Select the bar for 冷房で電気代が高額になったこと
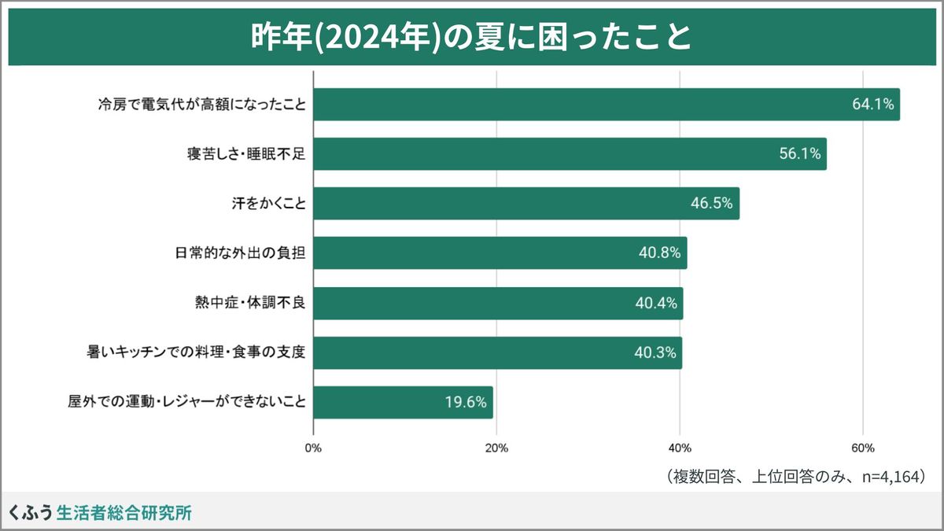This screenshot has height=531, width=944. [x=606, y=104]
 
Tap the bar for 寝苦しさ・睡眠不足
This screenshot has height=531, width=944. [x=570, y=154]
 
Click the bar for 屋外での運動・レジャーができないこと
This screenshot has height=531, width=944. [x=403, y=403]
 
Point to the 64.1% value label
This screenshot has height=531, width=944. [x=872, y=104]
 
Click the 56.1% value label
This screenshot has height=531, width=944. [x=800, y=154]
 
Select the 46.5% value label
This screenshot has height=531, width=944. [x=712, y=204]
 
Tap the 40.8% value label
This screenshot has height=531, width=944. [x=660, y=253]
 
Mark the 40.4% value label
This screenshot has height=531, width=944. [x=656, y=304]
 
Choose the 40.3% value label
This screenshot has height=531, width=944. [x=655, y=353]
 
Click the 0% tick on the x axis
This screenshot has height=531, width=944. [x=313, y=448]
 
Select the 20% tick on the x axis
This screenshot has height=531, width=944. [x=496, y=448]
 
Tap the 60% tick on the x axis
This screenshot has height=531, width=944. [x=863, y=448]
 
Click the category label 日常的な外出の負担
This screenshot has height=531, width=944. [x=240, y=253]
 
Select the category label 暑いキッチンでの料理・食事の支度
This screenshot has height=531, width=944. [x=196, y=353]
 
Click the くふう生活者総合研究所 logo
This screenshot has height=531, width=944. [x=99, y=513]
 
